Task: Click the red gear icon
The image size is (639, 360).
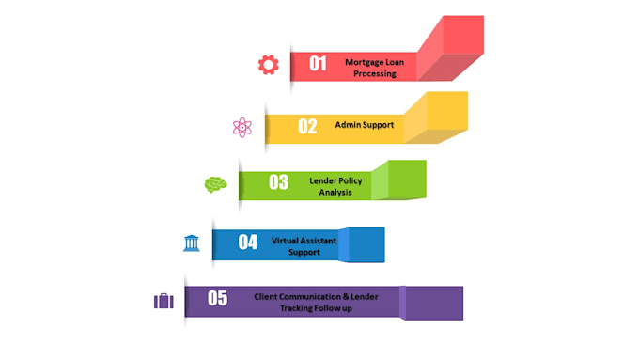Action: [269, 65]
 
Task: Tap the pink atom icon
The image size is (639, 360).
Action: [242, 128]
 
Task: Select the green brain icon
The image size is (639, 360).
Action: [215, 184]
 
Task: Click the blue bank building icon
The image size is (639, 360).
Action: [191, 243]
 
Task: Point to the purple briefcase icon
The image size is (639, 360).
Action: [164, 301]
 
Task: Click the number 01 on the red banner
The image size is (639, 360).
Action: [318, 64]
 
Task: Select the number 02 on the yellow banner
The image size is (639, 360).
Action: [307, 126]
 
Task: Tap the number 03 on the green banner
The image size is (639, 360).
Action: [279, 182]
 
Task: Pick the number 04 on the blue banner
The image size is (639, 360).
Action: [248, 242]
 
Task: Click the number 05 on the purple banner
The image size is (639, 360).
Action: [218, 298]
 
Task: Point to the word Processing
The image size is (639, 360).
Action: [375, 74]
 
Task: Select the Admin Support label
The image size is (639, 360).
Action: [365, 125]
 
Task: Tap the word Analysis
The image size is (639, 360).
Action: [335, 192]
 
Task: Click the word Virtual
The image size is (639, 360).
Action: [284, 241]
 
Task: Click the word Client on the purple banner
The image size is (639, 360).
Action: [266, 297]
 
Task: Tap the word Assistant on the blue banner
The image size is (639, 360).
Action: [319, 241]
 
